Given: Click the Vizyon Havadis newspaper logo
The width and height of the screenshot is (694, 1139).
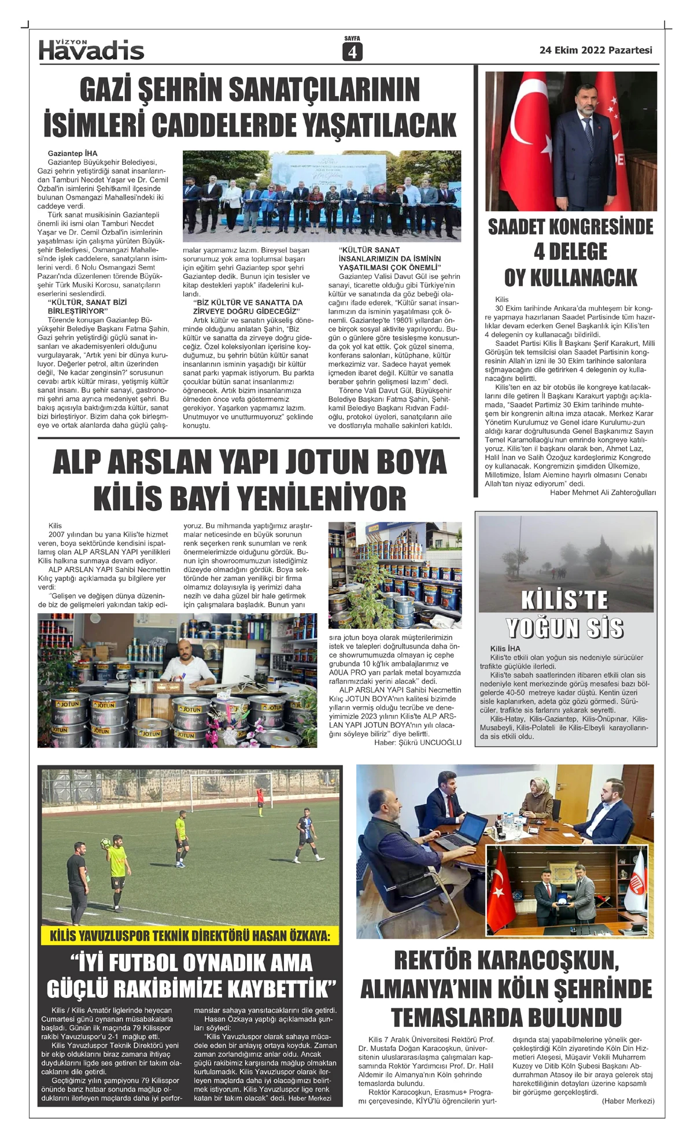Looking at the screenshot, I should point(91,50).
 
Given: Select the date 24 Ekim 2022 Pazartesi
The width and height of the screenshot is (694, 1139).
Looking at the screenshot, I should point(596,50).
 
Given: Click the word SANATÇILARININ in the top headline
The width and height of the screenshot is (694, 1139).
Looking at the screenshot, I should point(324,90).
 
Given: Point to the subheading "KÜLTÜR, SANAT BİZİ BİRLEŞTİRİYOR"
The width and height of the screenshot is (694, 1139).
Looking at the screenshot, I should point(87,307).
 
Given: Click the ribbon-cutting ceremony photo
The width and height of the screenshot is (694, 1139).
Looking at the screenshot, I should point(322,196).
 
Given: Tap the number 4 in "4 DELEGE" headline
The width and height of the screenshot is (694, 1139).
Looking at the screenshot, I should point(541,252).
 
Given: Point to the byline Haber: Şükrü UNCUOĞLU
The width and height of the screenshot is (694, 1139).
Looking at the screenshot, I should point(418,743).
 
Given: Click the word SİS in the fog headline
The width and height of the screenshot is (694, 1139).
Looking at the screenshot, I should point(604,628).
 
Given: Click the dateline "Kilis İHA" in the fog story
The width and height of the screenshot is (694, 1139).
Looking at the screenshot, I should point(505,648).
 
